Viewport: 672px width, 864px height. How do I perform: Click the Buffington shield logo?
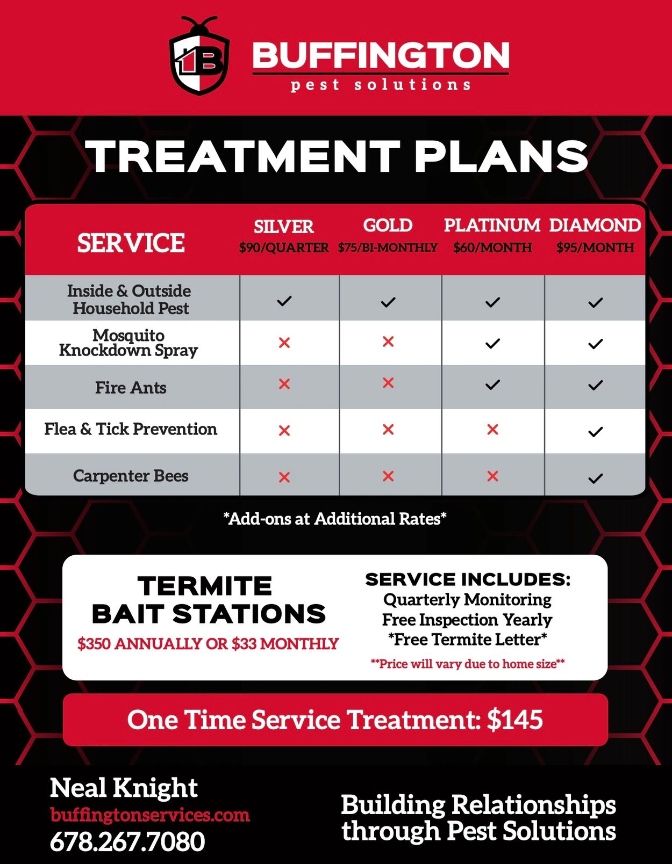[199, 56]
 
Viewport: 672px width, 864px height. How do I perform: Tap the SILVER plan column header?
[284, 227]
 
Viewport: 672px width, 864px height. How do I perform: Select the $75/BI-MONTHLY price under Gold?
[388, 248]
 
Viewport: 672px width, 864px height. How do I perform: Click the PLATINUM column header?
[492, 226]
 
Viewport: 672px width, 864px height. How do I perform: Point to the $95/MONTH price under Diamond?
[595, 248]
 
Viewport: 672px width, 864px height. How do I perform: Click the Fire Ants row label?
[131, 387]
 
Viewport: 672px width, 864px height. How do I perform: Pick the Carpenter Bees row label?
[131, 476]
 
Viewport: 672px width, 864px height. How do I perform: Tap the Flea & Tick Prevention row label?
[131, 429]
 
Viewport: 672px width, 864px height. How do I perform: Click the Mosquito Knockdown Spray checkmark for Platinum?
[492, 343]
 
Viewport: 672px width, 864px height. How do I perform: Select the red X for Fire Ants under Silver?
[284, 384]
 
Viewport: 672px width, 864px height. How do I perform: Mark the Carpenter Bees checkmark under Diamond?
[595, 478]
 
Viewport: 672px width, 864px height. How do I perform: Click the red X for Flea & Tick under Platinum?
[492, 430]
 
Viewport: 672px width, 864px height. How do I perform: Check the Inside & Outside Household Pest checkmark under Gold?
[388, 302]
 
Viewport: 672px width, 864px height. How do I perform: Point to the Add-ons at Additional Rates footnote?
[335, 519]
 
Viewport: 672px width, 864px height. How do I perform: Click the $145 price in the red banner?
[515, 719]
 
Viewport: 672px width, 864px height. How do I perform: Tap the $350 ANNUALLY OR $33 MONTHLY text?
[208, 643]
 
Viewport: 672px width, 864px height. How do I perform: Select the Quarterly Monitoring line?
[468, 600]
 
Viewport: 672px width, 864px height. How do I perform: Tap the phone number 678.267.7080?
[127, 841]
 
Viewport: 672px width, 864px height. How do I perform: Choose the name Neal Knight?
[124, 788]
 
